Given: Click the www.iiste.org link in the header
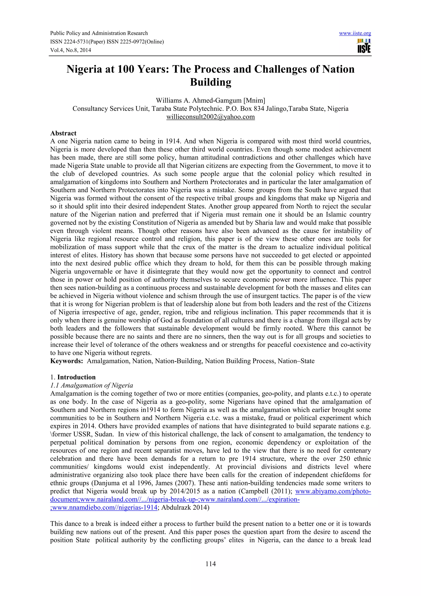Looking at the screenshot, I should click(x=355, y=33).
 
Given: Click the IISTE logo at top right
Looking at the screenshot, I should click(x=364, y=46).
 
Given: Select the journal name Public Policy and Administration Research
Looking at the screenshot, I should click(x=99, y=33).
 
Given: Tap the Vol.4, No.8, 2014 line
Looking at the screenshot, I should click(x=71, y=50).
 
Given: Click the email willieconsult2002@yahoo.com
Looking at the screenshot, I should click(x=210, y=117).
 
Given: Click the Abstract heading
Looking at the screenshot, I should click(x=63, y=133).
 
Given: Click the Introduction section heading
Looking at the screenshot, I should click(x=76, y=377).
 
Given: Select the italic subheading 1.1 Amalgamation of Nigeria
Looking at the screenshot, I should click(x=91, y=385).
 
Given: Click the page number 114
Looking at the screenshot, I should click(x=210, y=564).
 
